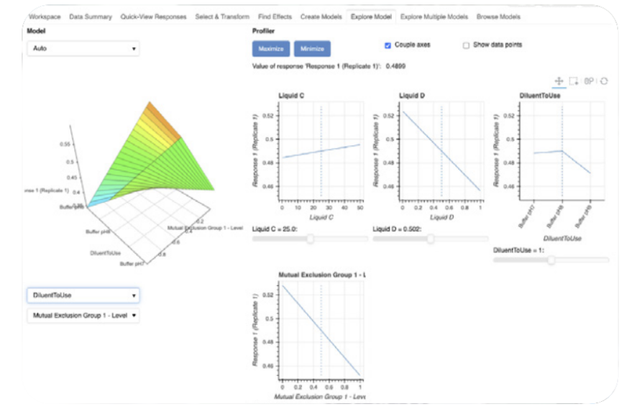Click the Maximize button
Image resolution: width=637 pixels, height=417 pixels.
[270, 49]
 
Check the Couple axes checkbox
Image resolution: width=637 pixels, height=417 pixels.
[388, 45]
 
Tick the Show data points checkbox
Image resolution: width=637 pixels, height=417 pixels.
[467, 45]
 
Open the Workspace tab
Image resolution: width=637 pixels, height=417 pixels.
[45, 17]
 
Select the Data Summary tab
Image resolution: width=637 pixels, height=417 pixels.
[91, 17]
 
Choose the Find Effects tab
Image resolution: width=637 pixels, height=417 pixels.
[274, 17]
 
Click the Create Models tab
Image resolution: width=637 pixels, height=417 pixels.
[321, 17]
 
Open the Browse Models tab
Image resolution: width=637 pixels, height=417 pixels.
[498, 17]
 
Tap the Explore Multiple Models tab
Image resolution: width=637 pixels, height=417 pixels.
[434, 17]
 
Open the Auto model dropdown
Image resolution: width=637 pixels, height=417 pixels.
[83, 49]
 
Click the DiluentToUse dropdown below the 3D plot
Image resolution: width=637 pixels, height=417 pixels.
[83, 295]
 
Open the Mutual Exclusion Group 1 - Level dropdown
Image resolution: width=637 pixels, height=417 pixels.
[83, 315]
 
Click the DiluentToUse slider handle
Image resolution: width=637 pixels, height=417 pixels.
[551, 260]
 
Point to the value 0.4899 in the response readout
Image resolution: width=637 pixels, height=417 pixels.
[396, 65]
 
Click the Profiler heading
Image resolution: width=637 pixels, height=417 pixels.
[264, 32]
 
